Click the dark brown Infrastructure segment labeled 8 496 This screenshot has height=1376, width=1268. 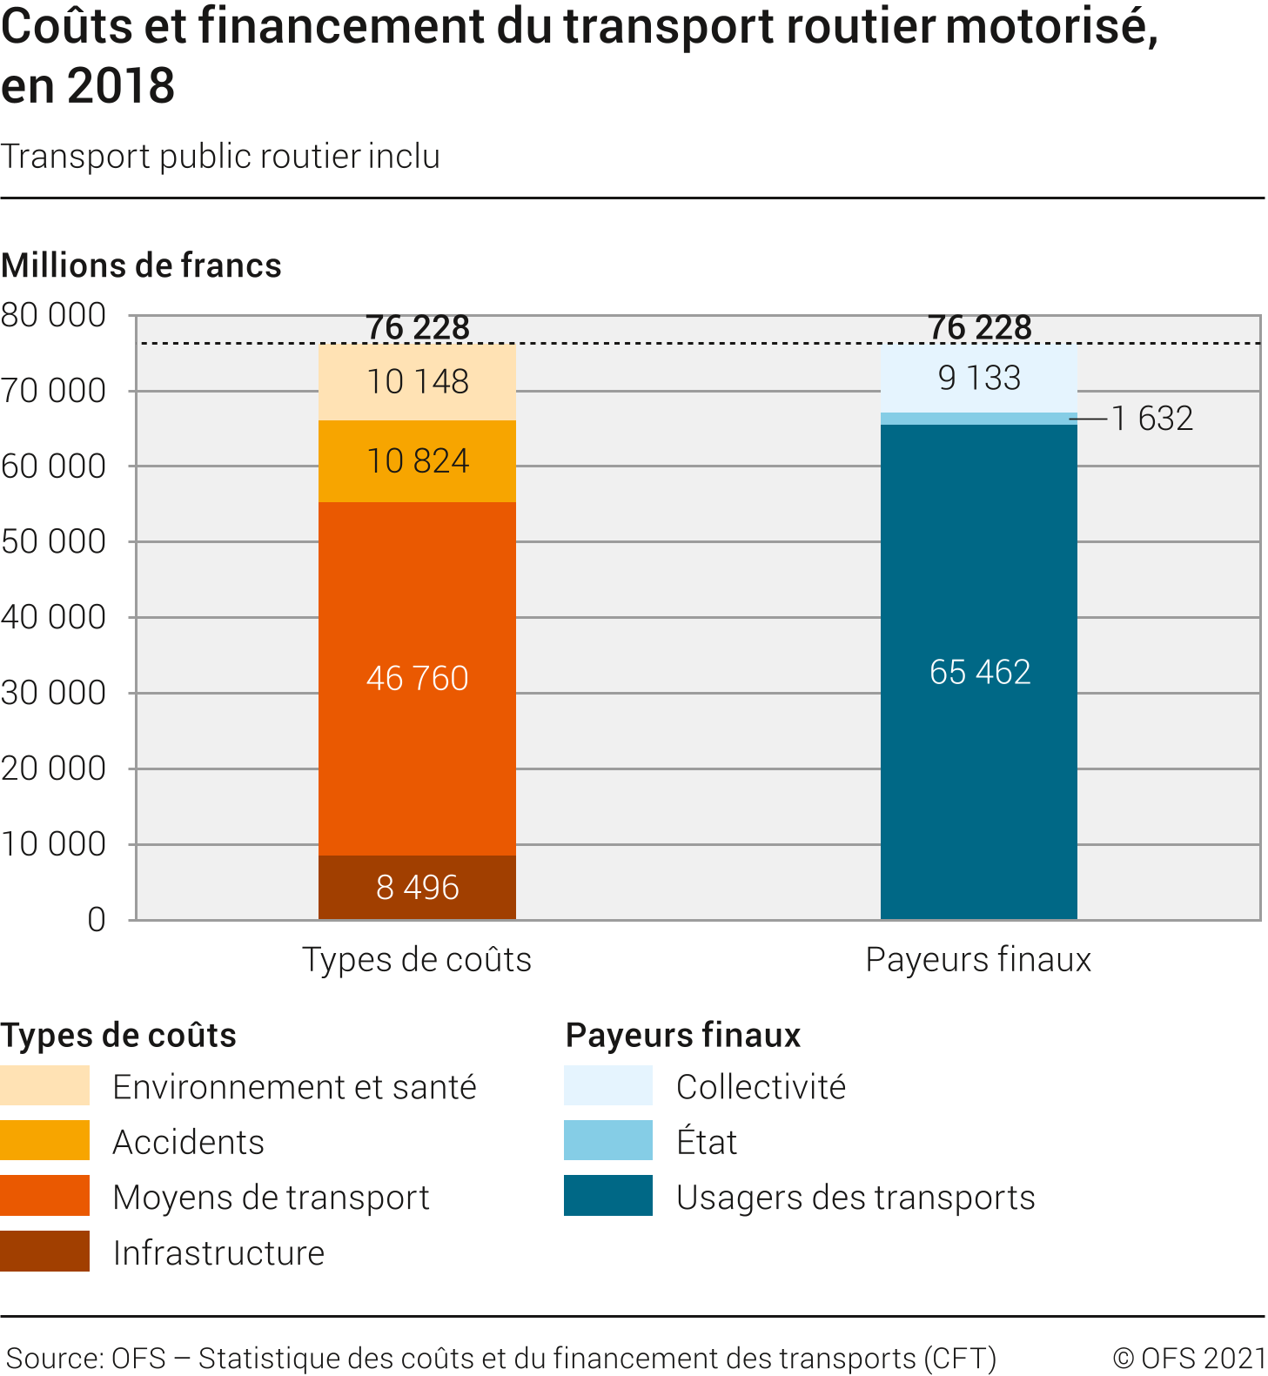tap(417, 887)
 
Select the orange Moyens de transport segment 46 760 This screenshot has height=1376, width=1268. tap(417, 678)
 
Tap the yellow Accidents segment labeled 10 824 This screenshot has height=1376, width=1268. tap(417, 460)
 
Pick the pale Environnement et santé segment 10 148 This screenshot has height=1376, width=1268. tap(417, 381)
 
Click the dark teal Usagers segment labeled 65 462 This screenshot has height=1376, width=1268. tap(979, 671)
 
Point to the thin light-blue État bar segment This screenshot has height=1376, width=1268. tap(979, 419)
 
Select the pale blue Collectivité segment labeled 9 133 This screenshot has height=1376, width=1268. tap(979, 378)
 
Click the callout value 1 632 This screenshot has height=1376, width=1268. tap(1152, 419)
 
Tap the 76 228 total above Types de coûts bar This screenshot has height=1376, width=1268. tap(418, 327)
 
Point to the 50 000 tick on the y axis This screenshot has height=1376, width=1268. tap(54, 541)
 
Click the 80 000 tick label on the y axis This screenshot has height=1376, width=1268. tap(54, 315)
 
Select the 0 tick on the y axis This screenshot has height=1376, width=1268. tap(96, 920)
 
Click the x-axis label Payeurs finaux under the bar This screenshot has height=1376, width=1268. tap(978, 959)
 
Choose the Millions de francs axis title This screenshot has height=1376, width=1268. tap(141, 265)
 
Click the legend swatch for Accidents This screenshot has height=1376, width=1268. tap(44, 1140)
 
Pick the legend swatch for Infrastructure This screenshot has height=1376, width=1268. tap(44, 1251)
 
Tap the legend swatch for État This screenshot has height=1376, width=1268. tap(607, 1140)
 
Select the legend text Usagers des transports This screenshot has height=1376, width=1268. tap(855, 1197)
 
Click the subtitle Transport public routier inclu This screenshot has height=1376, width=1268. tap(220, 156)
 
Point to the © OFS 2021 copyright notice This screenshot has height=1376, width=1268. tap(1189, 1358)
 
